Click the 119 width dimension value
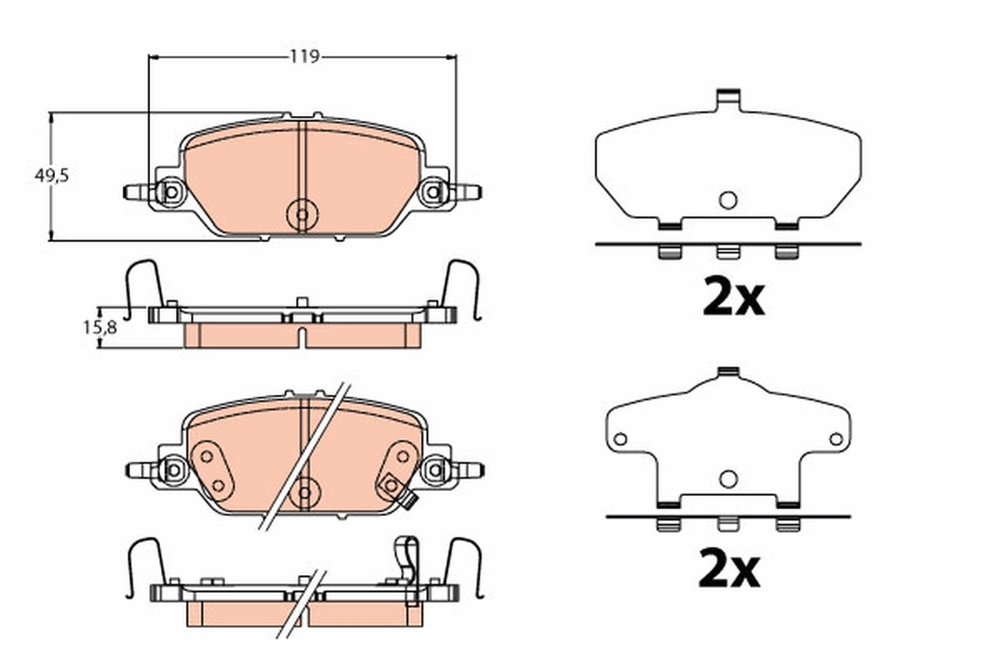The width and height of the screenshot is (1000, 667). pos(304,57)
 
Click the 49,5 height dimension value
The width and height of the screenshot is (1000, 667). pos(51,176)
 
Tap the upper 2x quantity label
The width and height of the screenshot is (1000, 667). pos(732,298)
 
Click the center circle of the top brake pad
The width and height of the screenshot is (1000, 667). pos(302,215)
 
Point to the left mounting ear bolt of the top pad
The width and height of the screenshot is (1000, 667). pos(171,193)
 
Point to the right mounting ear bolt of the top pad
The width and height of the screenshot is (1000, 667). pos(432,193)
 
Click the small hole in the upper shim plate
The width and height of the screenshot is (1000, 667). pos(727,200)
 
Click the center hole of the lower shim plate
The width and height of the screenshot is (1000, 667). pos(728,479)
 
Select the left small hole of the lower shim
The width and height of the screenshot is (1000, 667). pos(619,439)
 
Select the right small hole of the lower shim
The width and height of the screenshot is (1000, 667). pos(836,439)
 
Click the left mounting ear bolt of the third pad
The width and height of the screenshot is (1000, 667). pos(172,470)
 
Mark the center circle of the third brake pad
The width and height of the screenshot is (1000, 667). pos(303,492)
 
